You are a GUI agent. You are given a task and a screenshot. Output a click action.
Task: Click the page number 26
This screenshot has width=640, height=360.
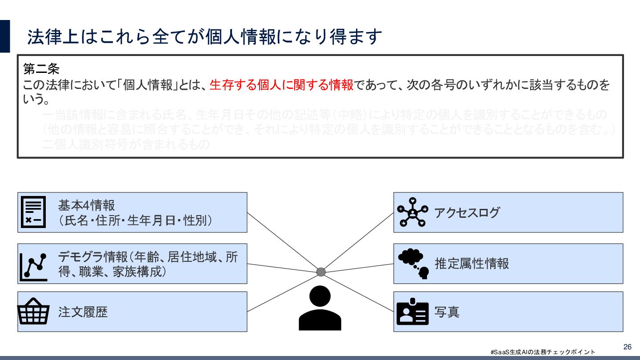(x=628, y=347)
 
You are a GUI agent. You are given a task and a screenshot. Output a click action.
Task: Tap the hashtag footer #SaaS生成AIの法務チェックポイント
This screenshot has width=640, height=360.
(x=543, y=352)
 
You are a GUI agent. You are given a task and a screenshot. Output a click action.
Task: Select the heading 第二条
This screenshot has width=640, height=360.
(x=41, y=69)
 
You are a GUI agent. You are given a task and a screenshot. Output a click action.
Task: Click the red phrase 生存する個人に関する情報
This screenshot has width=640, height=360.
(x=281, y=84)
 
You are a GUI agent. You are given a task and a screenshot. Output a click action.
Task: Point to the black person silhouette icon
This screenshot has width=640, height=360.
(x=320, y=308)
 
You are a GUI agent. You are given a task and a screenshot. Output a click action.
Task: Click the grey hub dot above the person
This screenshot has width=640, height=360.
(x=321, y=272)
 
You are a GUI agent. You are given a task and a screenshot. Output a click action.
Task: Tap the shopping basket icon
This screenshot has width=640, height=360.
(x=33, y=311)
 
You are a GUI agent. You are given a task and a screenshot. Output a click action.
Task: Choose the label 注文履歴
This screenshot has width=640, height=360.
(x=83, y=312)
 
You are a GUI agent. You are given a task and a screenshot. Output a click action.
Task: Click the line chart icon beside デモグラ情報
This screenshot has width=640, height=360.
(x=33, y=267)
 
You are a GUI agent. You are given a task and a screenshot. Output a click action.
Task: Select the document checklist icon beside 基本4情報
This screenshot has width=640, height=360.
(x=33, y=212)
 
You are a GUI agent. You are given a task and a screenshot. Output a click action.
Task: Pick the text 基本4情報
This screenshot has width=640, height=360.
(x=87, y=205)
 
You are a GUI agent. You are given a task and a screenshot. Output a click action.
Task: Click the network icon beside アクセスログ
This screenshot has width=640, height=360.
(x=413, y=212)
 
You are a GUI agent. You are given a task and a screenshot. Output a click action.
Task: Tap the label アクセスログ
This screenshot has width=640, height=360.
(x=467, y=213)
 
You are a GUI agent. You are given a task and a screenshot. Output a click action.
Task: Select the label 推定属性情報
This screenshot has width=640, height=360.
(x=472, y=264)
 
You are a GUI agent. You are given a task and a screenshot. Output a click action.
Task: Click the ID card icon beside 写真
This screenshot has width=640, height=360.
(x=412, y=312)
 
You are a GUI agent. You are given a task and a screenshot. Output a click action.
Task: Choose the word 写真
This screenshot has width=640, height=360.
(x=447, y=312)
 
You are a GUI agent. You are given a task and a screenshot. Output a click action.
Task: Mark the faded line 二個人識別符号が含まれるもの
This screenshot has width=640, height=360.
(x=125, y=145)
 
